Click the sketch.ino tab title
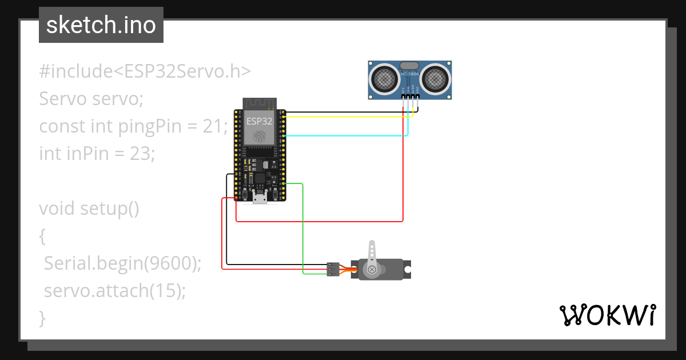click(x=101, y=26)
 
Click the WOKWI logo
click(x=607, y=315)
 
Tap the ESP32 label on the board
click(x=260, y=121)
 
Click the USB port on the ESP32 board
click(x=260, y=197)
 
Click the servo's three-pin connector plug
click(x=332, y=269)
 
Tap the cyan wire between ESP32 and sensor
click(x=343, y=136)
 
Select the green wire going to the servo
click(x=302, y=229)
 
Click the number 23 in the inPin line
click(x=140, y=153)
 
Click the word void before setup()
click(x=57, y=209)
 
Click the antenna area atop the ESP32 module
click(x=260, y=103)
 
